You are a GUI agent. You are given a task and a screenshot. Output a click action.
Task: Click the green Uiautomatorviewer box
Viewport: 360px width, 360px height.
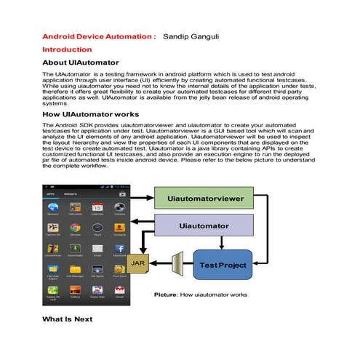[x=204, y=198]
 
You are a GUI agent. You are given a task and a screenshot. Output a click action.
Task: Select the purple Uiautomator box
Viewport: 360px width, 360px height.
[x=204, y=226]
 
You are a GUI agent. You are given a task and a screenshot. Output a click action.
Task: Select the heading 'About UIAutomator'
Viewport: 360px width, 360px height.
[x=81, y=63]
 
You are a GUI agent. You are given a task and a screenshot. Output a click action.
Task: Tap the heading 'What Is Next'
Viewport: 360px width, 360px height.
[x=68, y=319]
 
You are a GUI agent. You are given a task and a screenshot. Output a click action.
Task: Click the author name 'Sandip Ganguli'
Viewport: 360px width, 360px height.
[x=192, y=35]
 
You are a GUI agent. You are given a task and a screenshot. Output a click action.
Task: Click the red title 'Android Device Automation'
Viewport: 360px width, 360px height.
[x=98, y=35]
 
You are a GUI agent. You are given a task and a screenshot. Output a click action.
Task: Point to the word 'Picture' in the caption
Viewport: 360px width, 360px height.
[x=167, y=295]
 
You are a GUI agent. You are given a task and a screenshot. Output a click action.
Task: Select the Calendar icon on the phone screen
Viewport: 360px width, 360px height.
[x=97, y=209]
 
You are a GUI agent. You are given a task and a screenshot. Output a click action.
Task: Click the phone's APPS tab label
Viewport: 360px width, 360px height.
[x=52, y=194]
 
